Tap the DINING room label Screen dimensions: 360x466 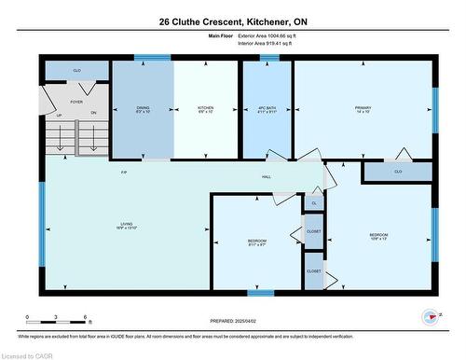tap(143, 109)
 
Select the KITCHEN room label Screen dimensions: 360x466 tap(206, 109)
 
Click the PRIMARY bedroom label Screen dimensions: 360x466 tap(363, 109)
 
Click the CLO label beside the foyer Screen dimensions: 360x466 tap(76, 70)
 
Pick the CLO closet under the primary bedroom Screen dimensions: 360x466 tap(398, 172)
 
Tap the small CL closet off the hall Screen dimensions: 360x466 tap(314, 202)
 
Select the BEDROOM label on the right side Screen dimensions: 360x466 tap(377, 235)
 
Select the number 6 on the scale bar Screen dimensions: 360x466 tap(86, 317)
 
